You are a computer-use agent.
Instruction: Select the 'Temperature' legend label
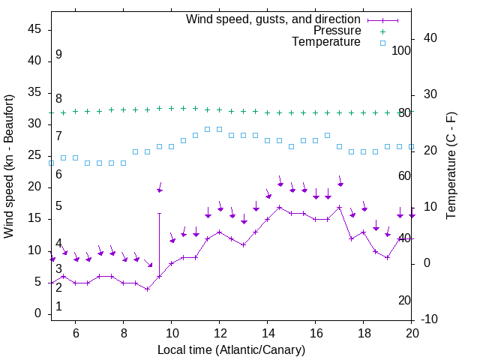point(326,42)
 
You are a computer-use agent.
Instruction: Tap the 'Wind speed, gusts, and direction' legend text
point(274,19)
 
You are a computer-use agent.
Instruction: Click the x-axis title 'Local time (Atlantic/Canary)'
point(232,350)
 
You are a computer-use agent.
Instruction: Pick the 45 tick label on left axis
point(34,29)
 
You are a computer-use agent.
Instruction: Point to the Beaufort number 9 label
point(58,55)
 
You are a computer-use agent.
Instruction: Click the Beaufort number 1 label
point(58,307)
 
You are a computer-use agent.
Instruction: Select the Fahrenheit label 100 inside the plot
point(402,50)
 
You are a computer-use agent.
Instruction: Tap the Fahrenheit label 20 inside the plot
point(405,301)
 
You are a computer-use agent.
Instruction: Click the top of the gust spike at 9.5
point(159,213)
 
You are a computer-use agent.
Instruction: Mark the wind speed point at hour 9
point(147,289)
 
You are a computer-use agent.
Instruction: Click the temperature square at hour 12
point(219,129)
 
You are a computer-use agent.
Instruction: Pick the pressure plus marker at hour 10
point(171,108)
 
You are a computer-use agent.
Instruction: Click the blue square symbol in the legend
point(382,43)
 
